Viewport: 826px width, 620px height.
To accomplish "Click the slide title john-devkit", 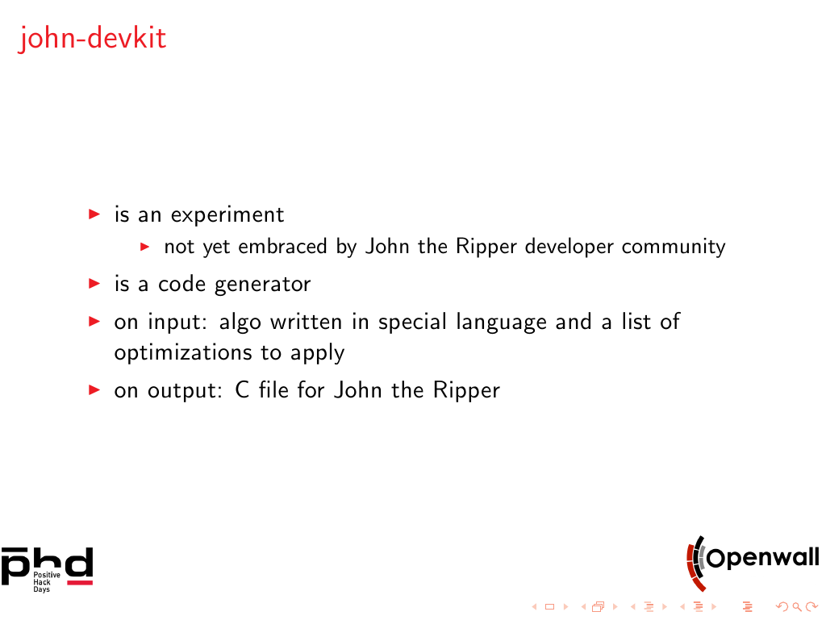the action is coord(92,39).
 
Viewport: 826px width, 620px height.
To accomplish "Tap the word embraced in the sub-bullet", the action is coord(282,247).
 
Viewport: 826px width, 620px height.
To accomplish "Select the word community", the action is coord(674,248).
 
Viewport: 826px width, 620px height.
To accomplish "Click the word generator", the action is coord(262,285).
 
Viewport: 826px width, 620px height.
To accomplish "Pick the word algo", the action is coord(240,322).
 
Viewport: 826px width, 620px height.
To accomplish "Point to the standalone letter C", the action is coord(242,390).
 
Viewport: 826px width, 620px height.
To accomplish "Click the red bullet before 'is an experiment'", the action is coord(94,214).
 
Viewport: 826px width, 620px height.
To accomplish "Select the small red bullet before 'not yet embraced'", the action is coord(145,247).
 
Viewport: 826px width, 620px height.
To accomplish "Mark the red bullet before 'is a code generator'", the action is coord(94,284).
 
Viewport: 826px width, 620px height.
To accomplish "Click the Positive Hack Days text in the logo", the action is coord(46,582).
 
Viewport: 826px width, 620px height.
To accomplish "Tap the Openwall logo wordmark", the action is coord(763,557).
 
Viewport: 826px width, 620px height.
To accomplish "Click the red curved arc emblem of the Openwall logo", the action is coord(694,566).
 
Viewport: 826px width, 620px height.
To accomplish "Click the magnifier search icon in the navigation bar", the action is coord(797,607).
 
